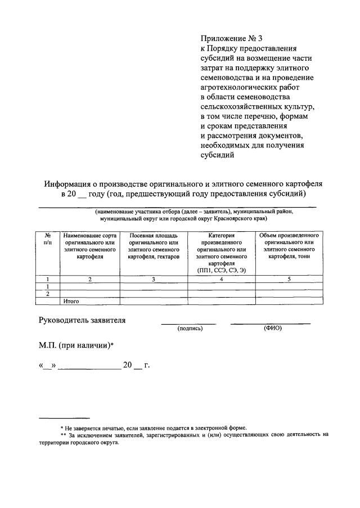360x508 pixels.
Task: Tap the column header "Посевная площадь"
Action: [153, 235]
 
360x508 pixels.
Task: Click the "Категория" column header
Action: [221, 235]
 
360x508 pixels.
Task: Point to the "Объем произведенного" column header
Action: [289, 235]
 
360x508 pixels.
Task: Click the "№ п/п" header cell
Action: [48, 238]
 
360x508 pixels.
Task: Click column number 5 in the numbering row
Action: [289, 279]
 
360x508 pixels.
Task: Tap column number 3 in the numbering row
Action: [153, 279]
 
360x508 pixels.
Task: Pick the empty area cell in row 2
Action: [153, 294]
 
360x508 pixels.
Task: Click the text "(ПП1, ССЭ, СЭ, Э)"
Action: [221, 271]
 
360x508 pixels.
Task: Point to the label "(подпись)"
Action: [189, 329]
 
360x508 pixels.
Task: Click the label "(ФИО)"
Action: [272, 328]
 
